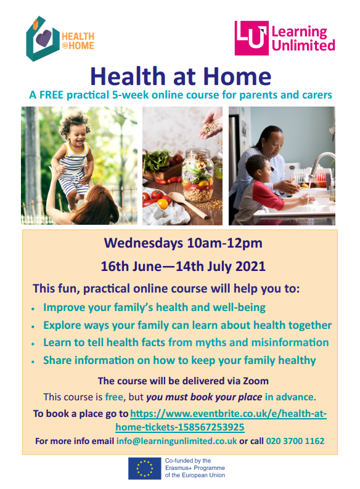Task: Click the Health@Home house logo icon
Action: coord(43,39)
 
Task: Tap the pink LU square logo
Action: coord(252,38)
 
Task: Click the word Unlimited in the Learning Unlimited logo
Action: coord(303,45)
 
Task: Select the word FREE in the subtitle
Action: coord(51,95)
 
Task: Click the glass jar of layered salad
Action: coord(198,176)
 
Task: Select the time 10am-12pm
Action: coord(224,243)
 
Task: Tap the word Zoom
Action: coord(256,381)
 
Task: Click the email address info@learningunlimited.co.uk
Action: coord(176,441)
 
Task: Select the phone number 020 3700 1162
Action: coord(295,441)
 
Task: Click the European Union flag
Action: coord(145,469)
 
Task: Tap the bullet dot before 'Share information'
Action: coord(33,362)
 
